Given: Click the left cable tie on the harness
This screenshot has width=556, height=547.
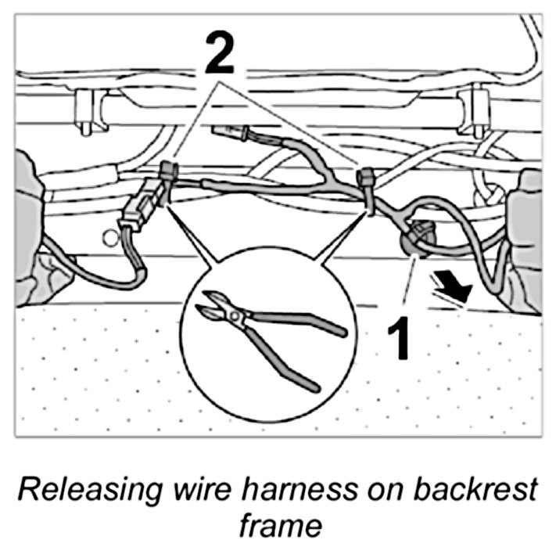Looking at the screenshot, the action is point(168,174).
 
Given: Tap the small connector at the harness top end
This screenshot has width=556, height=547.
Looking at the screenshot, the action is point(233,134).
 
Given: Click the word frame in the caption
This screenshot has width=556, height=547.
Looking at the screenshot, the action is point(278,523).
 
